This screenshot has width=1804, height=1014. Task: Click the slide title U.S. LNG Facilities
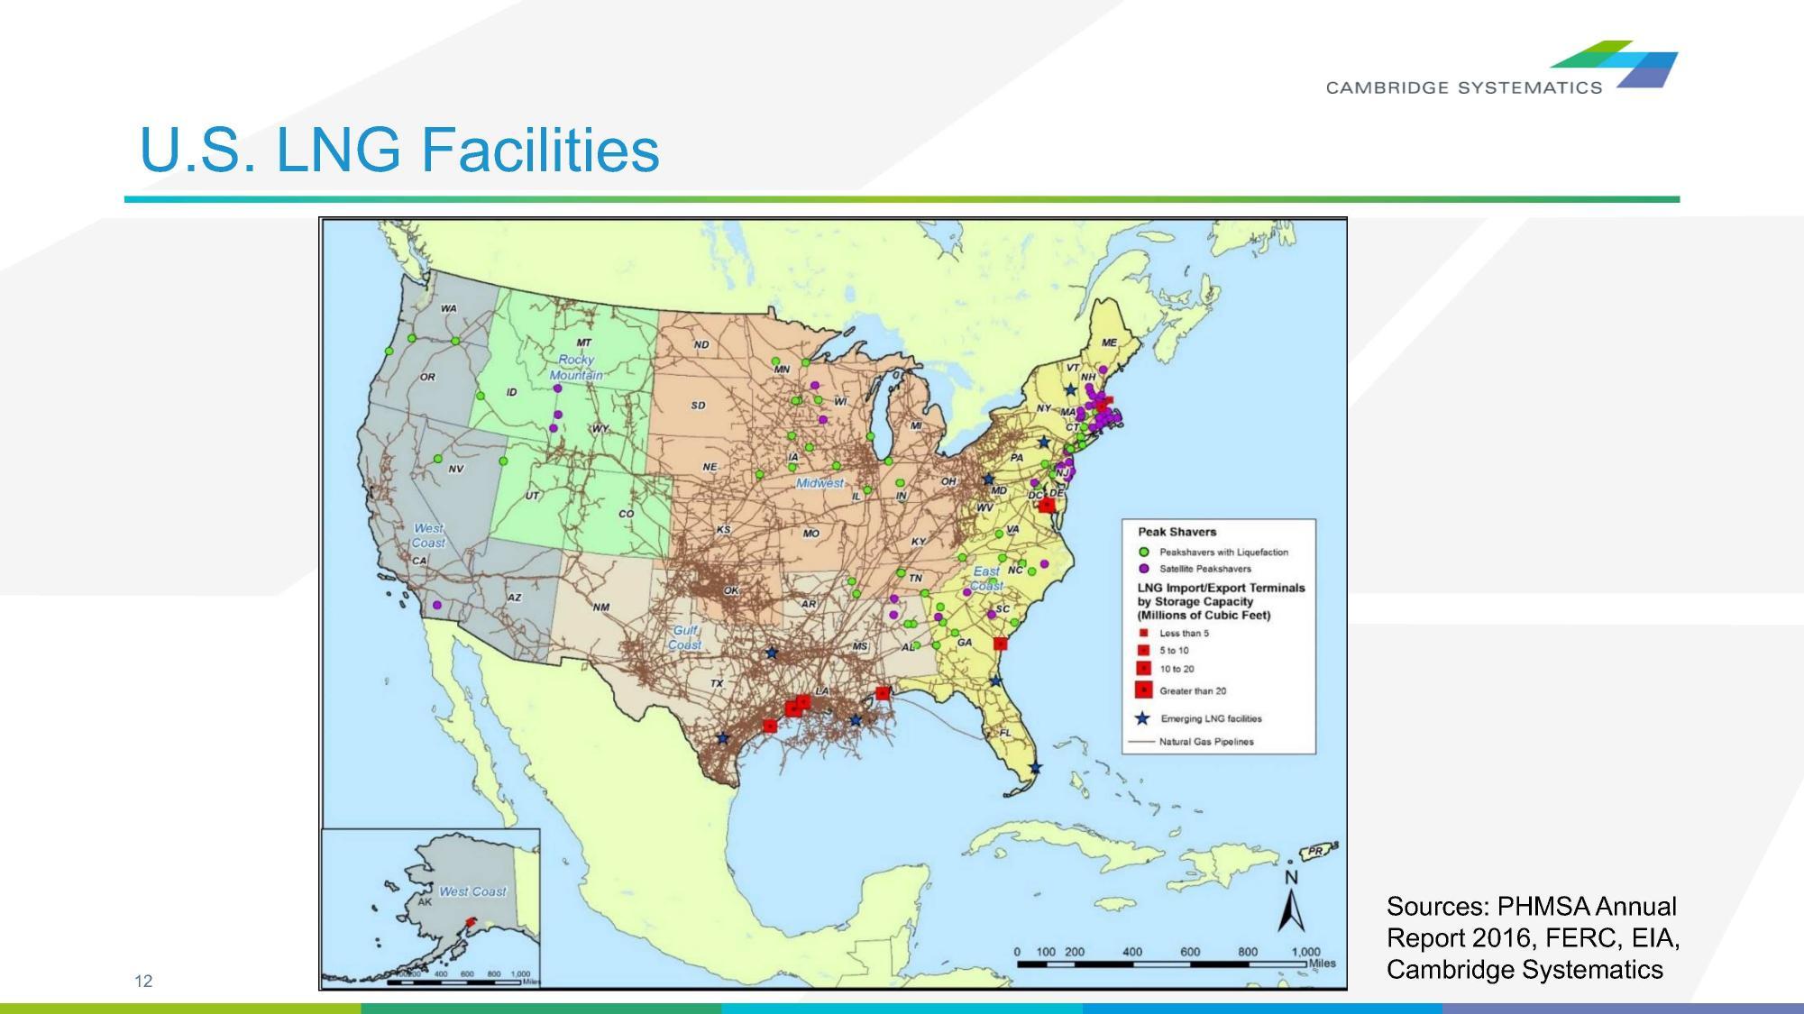click(399, 150)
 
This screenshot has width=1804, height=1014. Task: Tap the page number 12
click(143, 981)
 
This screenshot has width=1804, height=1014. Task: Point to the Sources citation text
click(1532, 937)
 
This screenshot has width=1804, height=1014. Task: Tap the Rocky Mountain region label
click(576, 367)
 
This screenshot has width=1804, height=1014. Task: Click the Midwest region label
click(820, 483)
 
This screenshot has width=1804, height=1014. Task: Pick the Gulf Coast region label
click(685, 637)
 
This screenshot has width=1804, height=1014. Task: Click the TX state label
click(717, 683)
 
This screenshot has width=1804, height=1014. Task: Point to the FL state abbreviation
click(1005, 733)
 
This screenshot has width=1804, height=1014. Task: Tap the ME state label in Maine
click(1109, 343)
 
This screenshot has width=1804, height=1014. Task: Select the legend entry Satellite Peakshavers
click(1204, 569)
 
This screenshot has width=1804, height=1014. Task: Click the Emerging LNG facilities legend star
click(1142, 718)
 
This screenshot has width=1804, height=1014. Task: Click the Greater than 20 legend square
click(1143, 690)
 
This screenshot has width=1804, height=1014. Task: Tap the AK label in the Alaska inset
click(425, 901)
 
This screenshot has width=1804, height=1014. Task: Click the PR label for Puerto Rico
click(1315, 851)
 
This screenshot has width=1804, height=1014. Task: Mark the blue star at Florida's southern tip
click(1036, 768)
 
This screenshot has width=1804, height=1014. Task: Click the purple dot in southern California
click(437, 605)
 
